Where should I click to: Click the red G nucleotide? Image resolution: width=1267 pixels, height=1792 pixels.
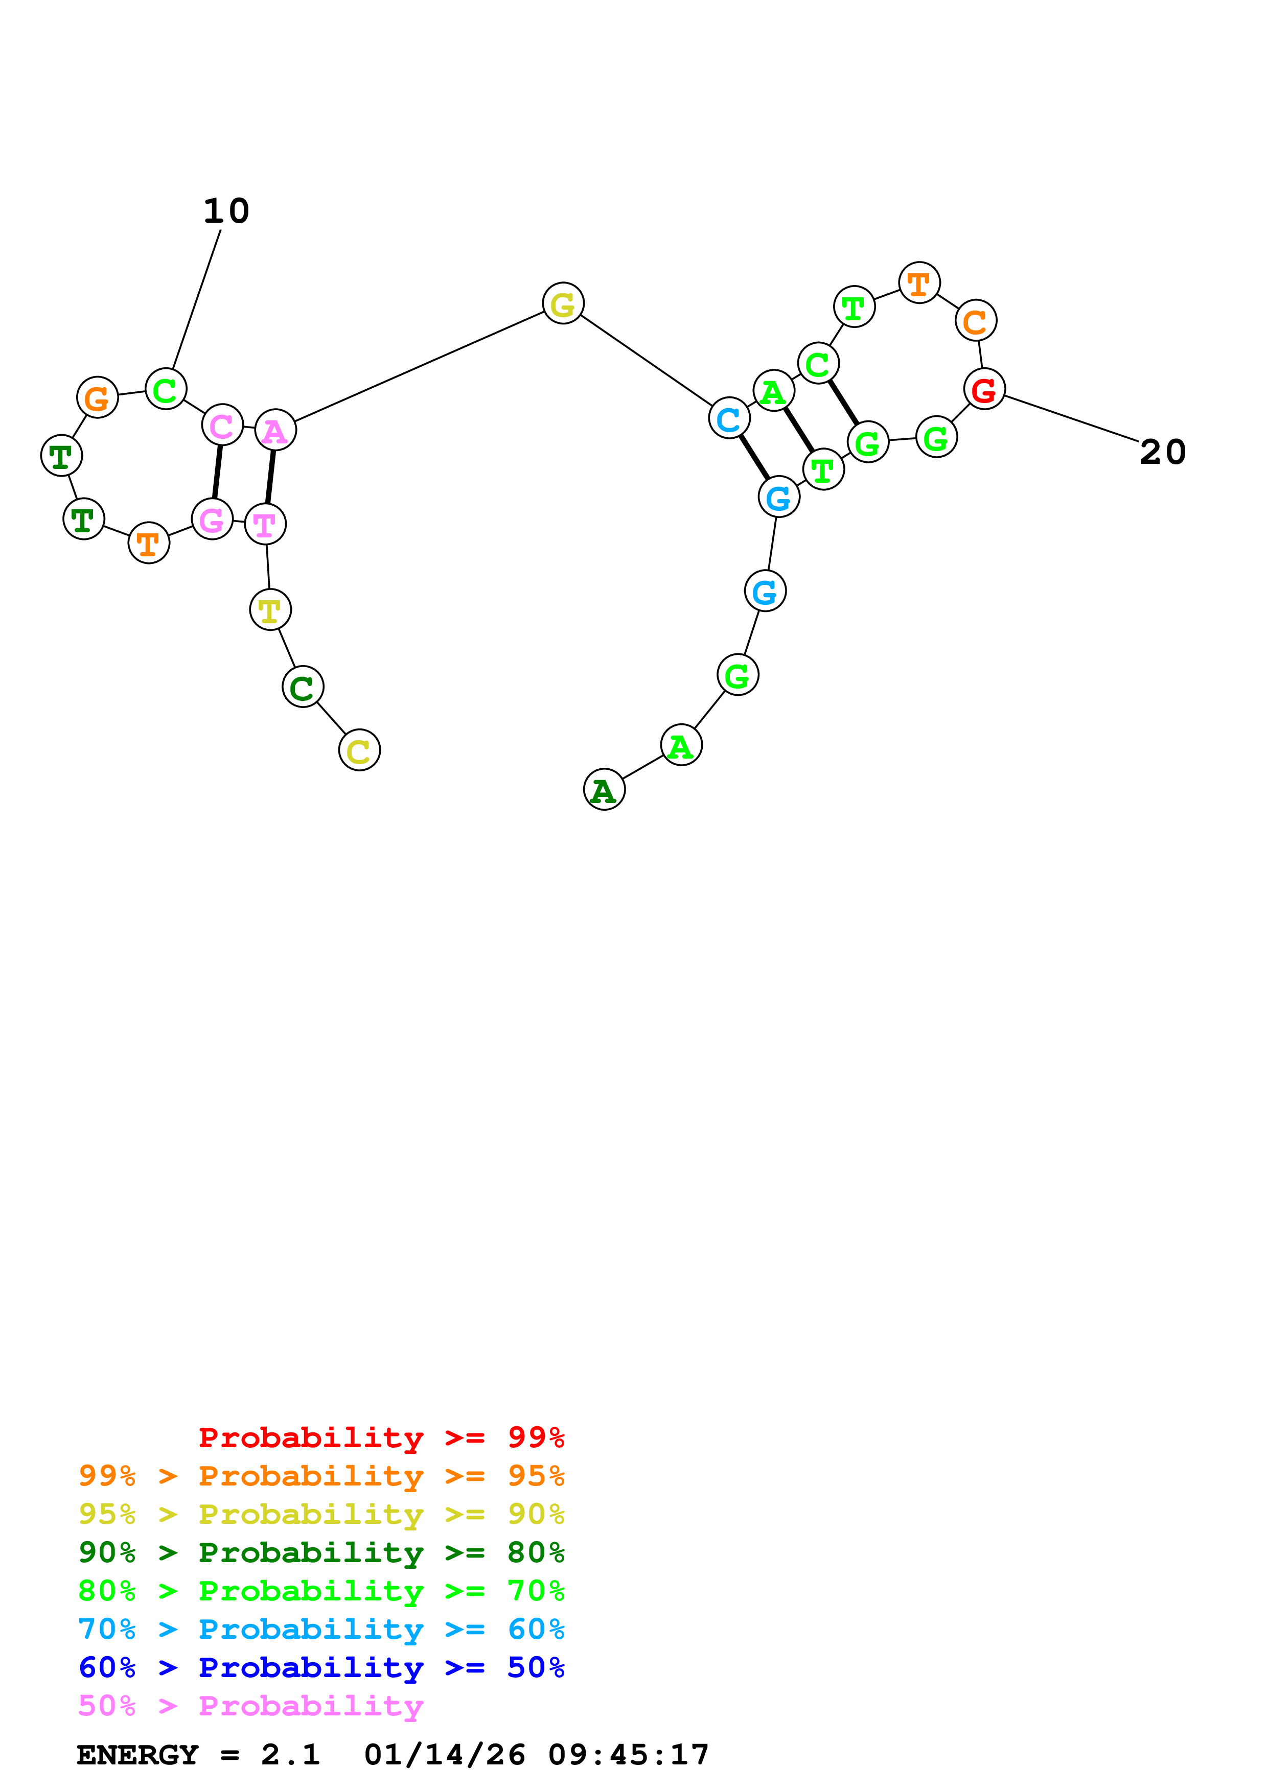[x=984, y=389]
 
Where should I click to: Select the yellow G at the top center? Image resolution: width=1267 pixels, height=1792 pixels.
[x=563, y=303]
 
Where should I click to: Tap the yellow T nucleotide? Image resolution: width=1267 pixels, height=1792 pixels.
[x=270, y=609]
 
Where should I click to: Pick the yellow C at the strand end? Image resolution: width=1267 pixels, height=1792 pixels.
[x=359, y=750]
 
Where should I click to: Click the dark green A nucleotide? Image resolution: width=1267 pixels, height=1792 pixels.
[x=604, y=789]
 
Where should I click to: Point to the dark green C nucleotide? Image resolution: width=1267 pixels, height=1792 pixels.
[x=303, y=687]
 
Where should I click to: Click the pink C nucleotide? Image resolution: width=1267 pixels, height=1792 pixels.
[x=222, y=426]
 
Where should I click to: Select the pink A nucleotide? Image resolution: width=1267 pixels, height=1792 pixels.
[x=275, y=430]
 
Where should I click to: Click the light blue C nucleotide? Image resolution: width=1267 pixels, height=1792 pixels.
[x=729, y=418]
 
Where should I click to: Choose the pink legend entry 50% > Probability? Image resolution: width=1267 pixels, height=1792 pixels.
[x=250, y=1705]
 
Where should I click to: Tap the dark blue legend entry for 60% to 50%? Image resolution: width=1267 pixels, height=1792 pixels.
[x=321, y=1667]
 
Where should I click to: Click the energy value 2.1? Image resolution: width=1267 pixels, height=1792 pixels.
[x=290, y=1755]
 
